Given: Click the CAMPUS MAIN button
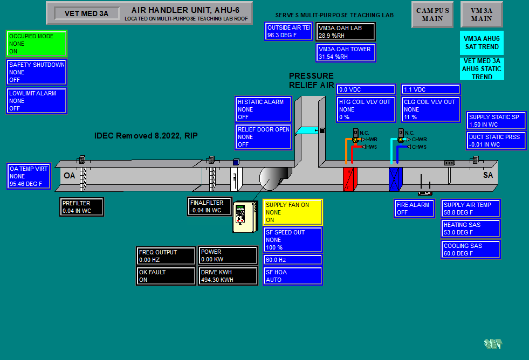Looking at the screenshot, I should (x=432, y=15).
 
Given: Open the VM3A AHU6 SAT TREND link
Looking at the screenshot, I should (x=482, y=43).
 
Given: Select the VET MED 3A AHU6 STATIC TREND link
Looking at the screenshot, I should (x=482, y=69).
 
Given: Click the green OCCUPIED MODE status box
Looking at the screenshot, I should (x=37, y=44).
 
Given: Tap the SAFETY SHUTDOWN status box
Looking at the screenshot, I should (x=37, y=72).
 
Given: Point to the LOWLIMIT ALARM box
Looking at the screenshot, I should (x=37, y=101).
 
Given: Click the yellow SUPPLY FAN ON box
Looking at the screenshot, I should (x=293, y=212).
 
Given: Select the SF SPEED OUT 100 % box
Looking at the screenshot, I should (x=293, y=240).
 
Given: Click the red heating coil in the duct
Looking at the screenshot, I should (x=350, y=179).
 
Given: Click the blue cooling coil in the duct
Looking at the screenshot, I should (x=396, y=179).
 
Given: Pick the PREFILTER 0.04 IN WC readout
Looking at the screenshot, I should (x=81, y=207).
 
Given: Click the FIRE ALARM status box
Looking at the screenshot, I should (x=414, y=209).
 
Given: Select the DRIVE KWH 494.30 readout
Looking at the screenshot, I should (x=227, y=276).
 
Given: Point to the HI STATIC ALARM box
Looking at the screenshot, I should (x=264, y=109).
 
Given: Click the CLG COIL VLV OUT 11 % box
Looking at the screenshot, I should (x=431, y=109).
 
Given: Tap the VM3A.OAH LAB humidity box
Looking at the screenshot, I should (x=345, y=32).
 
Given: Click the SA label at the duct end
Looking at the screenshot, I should (x=488, y=175).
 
